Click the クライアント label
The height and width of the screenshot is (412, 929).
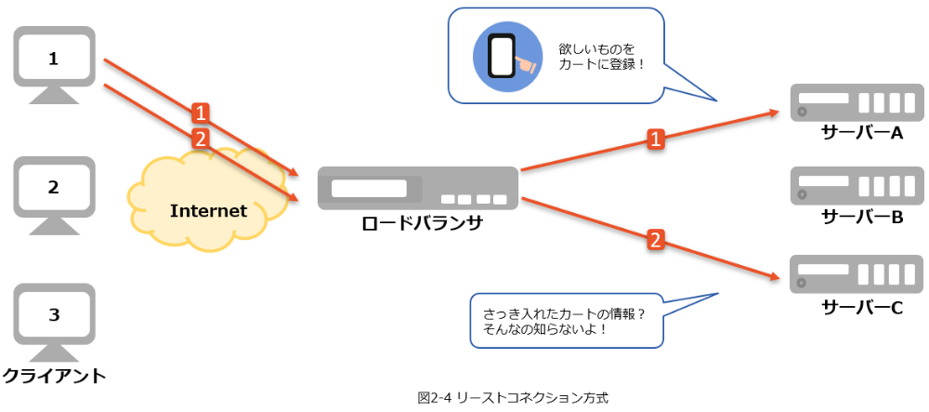54,377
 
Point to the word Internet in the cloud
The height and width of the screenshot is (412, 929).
208,211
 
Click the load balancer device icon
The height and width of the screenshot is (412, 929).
417,188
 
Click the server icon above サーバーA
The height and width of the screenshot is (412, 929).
856,102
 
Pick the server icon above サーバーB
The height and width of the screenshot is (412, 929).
856,186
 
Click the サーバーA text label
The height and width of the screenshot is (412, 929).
862,132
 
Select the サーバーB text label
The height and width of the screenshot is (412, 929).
862,217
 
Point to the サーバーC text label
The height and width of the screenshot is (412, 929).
862,306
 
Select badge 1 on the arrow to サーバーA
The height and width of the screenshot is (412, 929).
655,140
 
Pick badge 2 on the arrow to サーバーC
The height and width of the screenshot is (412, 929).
655,240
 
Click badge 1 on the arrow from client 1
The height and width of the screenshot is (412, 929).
200,113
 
